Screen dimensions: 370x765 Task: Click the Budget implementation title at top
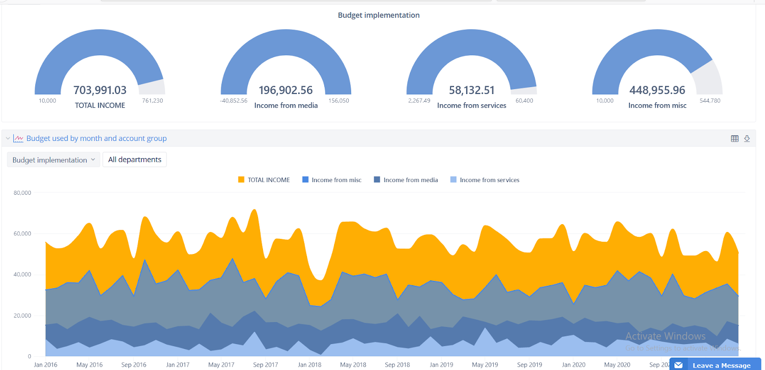[x=379, y=15]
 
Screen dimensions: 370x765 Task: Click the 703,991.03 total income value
[x=100, y=90]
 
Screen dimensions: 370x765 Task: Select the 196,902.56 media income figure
[x=286, y=90]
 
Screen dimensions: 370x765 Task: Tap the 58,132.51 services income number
[x=472, y=90]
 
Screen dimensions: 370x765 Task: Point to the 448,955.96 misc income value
[x=657, y=90]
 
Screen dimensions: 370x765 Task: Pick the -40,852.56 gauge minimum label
[x=234, y=101]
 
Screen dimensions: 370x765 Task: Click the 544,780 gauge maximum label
[x=710, y=101]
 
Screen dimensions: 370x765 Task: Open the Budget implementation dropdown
[x=53, y=160]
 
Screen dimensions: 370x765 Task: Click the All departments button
[x=135, y=160]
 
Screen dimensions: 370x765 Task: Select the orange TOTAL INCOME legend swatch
[x=241, y=180]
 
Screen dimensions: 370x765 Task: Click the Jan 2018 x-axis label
[x=309, y=365]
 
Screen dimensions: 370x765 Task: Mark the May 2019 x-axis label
[x=484, y=365]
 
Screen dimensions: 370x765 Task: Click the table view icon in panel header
[x=735, y=139]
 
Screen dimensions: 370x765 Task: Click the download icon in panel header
[x=747, y=139]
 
